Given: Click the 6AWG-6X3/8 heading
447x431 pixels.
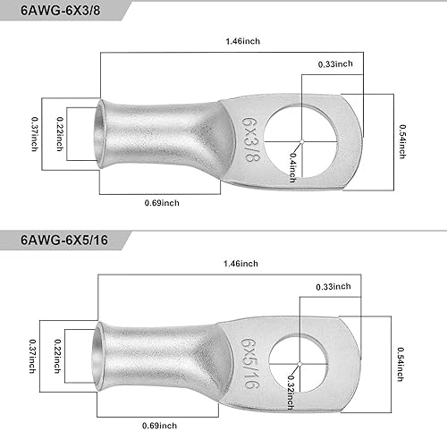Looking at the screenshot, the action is (x=61, y=11).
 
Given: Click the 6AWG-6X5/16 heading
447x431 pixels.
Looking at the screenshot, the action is (x=64, y=240).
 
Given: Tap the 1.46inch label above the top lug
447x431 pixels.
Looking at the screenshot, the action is (x=243, y=41).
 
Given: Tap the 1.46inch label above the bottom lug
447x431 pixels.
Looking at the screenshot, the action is (x=240, y=264).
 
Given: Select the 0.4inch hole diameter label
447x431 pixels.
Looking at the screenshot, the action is (x=293, y=167).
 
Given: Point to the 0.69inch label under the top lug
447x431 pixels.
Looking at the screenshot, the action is (x=162, y=203).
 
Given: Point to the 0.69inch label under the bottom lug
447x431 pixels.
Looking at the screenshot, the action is (x=159, y=426).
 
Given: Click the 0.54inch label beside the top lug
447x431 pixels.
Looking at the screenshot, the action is (x=402, y=141).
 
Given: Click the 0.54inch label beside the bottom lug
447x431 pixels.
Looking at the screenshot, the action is (x=401, y=364).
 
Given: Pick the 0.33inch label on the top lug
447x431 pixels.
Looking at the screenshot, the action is (x=335, y=64).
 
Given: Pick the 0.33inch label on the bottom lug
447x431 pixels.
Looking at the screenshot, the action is (x=333, y=287).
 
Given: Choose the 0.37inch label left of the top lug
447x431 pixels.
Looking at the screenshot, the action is (x=35, y=134).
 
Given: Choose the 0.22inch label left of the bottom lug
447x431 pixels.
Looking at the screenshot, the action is (x=57, y=356).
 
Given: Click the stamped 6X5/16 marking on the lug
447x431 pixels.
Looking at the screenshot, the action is (x=249, y=363).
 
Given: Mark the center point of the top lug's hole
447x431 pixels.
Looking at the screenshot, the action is (x=302, y=141).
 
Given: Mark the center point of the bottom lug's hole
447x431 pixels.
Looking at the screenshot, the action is (x=299, y=364).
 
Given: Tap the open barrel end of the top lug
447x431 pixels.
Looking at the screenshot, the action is (x=100, y=134).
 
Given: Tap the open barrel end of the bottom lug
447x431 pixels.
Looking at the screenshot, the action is (x=97, y=357).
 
